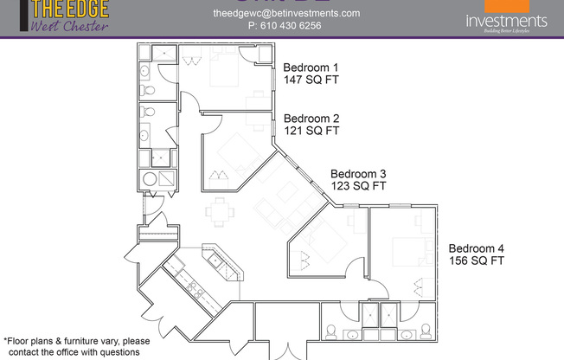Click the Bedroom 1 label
[311, 67]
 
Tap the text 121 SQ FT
[311, 132]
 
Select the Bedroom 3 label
[358, 173]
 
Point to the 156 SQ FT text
[476, 260]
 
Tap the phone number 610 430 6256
[298, 26]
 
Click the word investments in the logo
[506, 21]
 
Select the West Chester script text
[69, 26]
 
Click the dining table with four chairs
[221, 210]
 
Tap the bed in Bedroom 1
[221, 73]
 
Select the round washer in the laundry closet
[151, 179]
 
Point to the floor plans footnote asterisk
[5, 340]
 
